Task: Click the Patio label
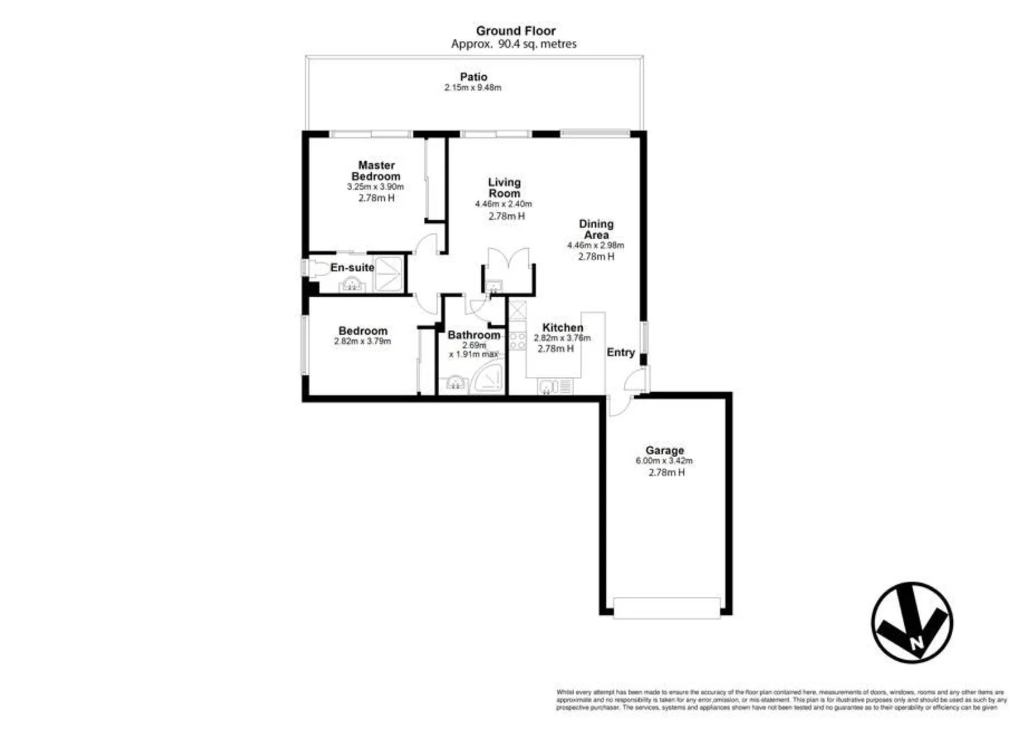pos(473,77)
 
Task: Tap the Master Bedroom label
pos(376,171)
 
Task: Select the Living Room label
pos(504,188)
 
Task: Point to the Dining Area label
pos(596,229)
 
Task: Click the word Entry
pos(621,352)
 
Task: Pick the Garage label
pos(664,450)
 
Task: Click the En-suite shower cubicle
pos(390,273)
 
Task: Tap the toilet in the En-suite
pos(316,268)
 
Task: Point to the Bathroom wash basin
pos(456,384)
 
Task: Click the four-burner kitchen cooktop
pos(517,341)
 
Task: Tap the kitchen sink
pos(547,387)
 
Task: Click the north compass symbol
pos(912,623)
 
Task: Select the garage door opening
pos(666,607)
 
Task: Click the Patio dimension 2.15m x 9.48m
pos(473,88)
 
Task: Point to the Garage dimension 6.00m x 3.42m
pos(664,461)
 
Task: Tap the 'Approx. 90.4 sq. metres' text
pos(514,44)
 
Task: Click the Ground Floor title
pos(516,31)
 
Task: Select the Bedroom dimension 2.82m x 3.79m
pos(362,341)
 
